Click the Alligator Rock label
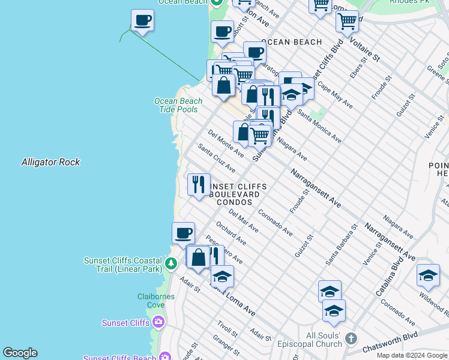coord(50,162)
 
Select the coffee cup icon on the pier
coord(142,21)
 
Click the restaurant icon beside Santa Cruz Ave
coord(199,185)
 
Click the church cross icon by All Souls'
coord(352,340)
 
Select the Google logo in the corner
coord(19,353)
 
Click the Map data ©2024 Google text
coord(412,355)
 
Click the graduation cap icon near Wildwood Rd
coord(427,275)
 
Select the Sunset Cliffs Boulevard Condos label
coord(234,194)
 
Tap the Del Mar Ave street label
coord(243,221)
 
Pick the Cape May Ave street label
coord(335,95)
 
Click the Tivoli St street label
coord(229,328)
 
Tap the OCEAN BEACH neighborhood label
coord(292,42)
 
